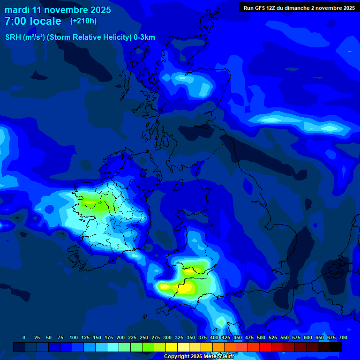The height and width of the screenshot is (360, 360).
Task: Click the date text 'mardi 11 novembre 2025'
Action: (x=58, y=10)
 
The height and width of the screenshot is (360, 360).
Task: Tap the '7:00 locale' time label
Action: (x=33, y=21)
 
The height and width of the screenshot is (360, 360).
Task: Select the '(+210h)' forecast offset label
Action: (x=83, y=21)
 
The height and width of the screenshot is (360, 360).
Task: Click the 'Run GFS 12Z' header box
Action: (x=299, y=7)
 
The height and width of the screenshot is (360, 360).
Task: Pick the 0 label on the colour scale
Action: (x=24, y=337)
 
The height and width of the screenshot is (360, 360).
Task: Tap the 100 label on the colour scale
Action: (x=73, y=337)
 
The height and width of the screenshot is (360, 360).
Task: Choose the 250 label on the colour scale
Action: (x=144, y=337)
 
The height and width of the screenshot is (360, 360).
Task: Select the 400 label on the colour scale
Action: (x=214, y=337)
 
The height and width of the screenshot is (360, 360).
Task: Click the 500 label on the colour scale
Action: (x=261, y=337)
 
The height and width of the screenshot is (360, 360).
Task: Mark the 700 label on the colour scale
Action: (x=343, y=337)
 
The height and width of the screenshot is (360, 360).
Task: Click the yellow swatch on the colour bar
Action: (x=172, y=347)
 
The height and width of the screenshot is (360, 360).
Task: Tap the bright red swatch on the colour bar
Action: (x=265, y=347)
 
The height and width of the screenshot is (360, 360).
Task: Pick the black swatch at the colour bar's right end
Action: (x=336, y=347)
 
